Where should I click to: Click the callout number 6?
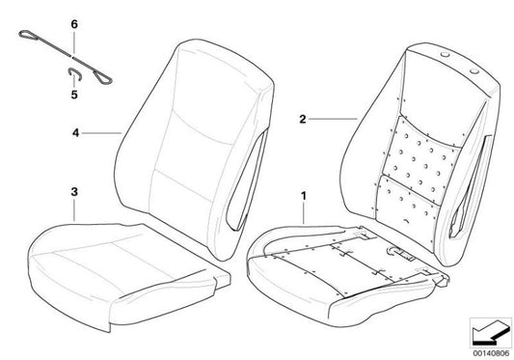[73, 20]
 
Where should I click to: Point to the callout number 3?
[72, 193]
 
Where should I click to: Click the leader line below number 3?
[73, 211]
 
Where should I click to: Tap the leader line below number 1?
[305, 214]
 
